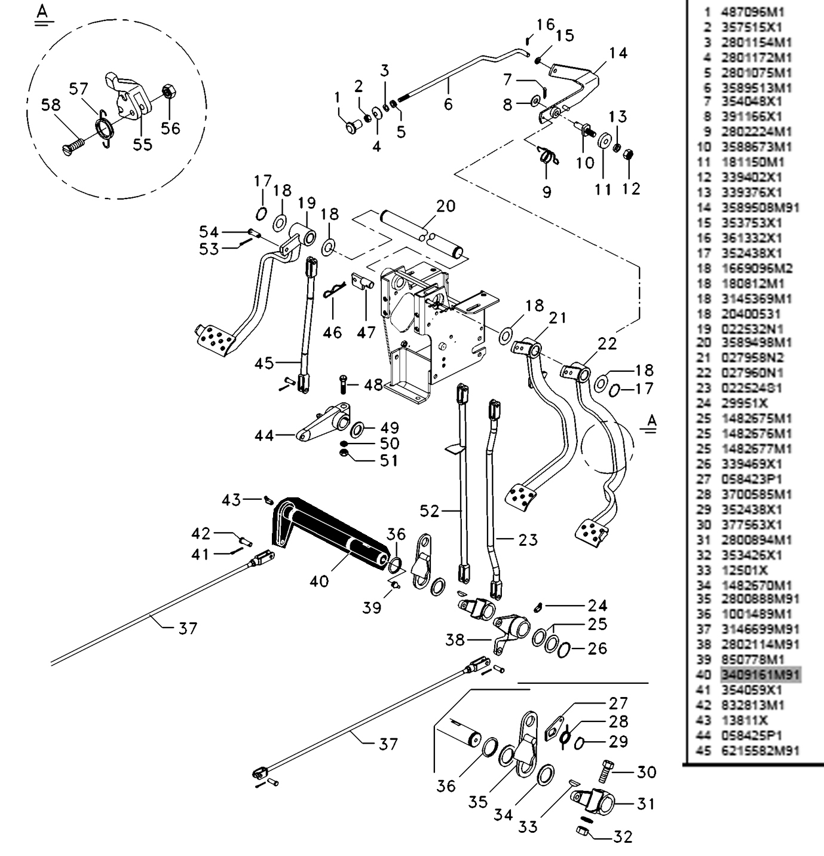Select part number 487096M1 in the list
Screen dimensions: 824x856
tap(752, 12)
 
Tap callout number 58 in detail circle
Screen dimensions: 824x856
tap(51, 106)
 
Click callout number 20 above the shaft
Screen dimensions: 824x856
tap(446, 206)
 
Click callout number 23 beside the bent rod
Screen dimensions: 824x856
tap(528, 539)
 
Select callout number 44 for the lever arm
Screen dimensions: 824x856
tap(264, 436)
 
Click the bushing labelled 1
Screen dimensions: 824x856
tap(352, 127)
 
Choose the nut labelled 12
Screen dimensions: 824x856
tap(629, 154)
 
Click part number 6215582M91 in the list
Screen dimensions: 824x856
tap(760, 750)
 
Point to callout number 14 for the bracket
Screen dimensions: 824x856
tap(618, 53)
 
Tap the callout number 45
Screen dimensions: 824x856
tap(264, 363)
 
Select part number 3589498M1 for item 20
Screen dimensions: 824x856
tap(756, 343)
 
